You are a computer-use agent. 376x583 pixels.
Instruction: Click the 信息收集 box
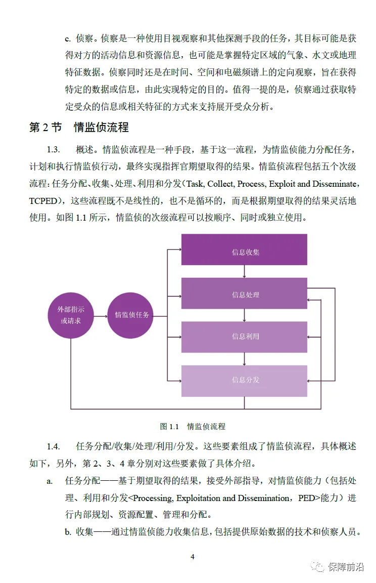tap(244, 249)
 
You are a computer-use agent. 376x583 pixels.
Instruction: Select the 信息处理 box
tap(244, 294)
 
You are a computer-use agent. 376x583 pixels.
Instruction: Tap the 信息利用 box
tap(244, 337)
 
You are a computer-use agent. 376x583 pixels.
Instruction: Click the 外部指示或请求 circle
tap(70, 315)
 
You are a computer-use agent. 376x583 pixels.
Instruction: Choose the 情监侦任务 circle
tap(131, 315)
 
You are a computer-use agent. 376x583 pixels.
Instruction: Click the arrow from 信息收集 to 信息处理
tap(245, 272)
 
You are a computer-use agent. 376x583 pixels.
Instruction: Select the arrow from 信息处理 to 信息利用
tap(245, 315)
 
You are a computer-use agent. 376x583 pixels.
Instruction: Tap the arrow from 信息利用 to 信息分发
tap(245, 359)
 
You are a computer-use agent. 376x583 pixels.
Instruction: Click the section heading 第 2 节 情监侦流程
tap(79, 127)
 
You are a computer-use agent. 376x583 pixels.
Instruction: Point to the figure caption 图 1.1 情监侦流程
tap(193, 427)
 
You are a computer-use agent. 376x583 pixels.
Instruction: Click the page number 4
tap(193, 557)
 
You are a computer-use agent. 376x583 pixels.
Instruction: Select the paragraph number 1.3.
tap(54, 150)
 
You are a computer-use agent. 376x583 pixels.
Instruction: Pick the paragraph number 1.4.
tap(54, 446)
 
